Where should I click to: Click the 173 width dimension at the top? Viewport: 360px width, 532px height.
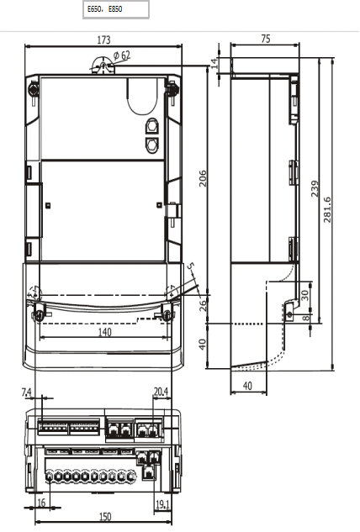(x=103, y=40)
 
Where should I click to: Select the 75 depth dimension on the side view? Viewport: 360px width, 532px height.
(x=266, y=40)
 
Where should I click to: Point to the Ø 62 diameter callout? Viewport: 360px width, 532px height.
(x=122, y=55)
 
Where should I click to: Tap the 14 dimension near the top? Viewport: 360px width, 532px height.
(x=214, y=63)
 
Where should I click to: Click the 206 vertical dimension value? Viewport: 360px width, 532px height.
(x=203, y=178)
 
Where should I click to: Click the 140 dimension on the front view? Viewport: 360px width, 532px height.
(x=103, y=333)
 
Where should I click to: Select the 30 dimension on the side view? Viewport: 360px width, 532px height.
(x=304, y=294)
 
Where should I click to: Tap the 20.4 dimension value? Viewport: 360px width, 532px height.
(x=161, y=392)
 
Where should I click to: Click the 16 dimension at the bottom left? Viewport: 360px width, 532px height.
(x=41, y=503)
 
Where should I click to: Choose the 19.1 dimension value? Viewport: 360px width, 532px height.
(x=162, y=504)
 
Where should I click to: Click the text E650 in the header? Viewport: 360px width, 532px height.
(x=96, y=10)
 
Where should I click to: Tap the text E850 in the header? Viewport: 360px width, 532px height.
(x=115, y=10)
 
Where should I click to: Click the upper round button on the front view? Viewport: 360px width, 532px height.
(x=152, y=127)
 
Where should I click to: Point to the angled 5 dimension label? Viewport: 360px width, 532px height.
(x=191, y=269)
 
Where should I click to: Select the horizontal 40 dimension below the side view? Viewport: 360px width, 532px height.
(x=248, y=386)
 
